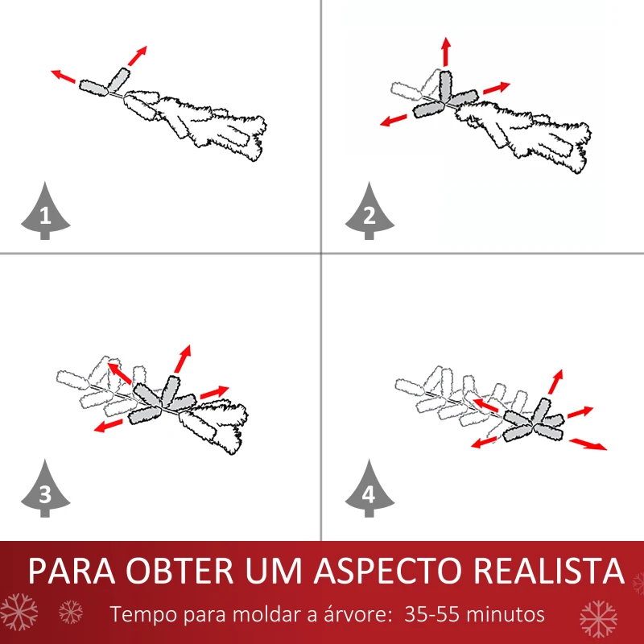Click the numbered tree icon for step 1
[x=44, y=213]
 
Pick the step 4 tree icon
[x=369, y=490]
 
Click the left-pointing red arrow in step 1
[x=64, y=76]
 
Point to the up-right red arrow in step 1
[x=138, y=55]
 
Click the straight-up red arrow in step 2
[x=445, y=52]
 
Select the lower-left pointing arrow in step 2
[x=394, y=121]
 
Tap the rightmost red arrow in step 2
[x=497, y=87]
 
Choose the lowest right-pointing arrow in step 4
[x=588, y=444]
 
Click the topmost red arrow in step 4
[x=555, y=382]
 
